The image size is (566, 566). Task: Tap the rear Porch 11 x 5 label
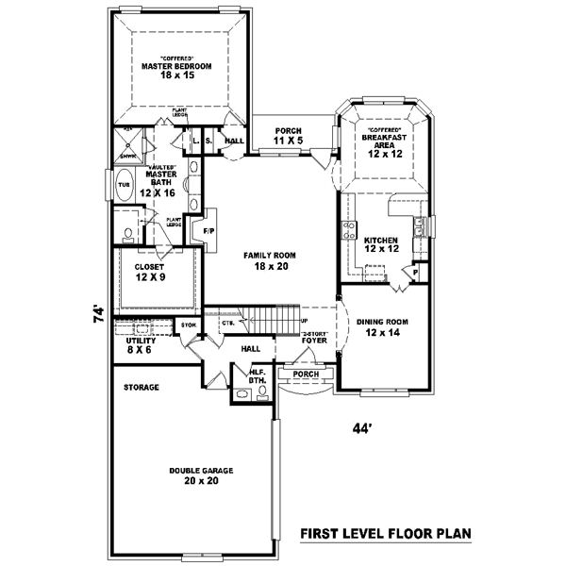click(x=288, y=136)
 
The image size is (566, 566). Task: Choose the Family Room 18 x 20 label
click(x=270, y=261)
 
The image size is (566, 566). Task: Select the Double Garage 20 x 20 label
click(x=201, y=474)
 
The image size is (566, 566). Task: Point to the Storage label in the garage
click(x=141, y=387)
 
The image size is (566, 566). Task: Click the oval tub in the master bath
click(x=124, y=187)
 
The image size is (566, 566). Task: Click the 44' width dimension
click(x=363, y=427)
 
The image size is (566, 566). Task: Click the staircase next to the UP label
click(x=269, y=320)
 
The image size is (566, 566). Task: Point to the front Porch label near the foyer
click(x=306, y=373)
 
